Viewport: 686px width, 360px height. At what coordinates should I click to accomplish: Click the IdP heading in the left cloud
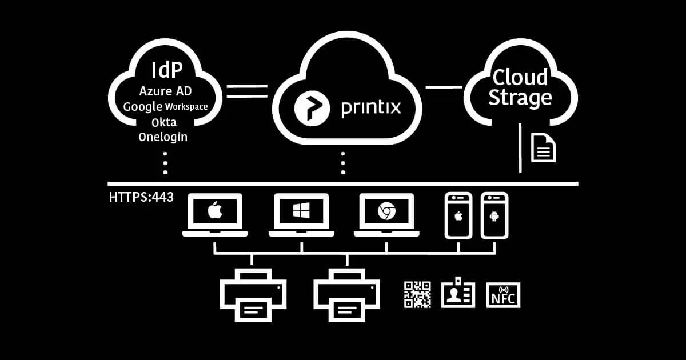tap(166, 70)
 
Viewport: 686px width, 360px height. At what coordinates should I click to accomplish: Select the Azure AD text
tap(165, 91)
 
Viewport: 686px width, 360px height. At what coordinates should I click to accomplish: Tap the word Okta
tap(164, 122)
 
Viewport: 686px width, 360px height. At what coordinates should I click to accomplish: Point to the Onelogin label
tap(163, 137)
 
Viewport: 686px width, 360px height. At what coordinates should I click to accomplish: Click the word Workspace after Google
tap(186, 107)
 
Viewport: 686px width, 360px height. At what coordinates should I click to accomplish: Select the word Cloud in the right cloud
tap(520, 77)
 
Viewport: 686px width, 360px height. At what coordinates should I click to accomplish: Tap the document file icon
tap(543, 147)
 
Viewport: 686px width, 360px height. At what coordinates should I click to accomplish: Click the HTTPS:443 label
tap(141, 198)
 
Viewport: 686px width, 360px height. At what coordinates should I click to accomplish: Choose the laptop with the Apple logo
tap(215, 214)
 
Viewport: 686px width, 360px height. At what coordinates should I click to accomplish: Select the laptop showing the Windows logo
tap(301, 214)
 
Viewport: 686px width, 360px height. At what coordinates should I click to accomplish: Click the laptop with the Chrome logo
tap(386, 214)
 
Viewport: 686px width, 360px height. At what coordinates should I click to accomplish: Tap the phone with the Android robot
tap(494, 215)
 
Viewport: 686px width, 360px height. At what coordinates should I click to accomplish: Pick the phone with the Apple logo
tap(458, 215)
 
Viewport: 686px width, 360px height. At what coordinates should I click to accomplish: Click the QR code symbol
tap(417, 295)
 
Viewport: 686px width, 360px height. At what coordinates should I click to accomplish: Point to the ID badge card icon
tap(458, 293)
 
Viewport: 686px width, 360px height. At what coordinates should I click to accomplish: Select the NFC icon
tap(503, 295)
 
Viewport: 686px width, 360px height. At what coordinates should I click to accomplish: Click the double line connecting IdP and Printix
tap(247, 91)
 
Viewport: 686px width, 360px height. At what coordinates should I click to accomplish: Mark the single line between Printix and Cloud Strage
tap(444, 87)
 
